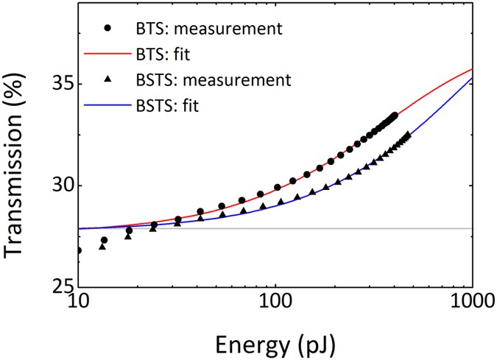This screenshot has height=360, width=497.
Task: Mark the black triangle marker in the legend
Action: click(108, 79)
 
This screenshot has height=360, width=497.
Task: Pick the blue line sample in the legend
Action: click(108, 105)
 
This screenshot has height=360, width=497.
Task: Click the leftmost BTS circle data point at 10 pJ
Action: click(79, 250)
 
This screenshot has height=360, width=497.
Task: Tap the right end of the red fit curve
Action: click(471, 69)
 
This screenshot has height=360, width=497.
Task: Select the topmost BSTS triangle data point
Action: click(408, 135)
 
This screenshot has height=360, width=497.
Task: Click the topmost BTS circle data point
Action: click(395, 116)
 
